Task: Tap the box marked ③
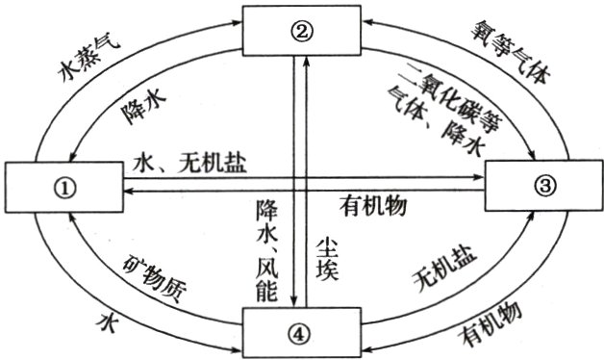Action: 544,186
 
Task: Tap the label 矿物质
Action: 148,275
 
